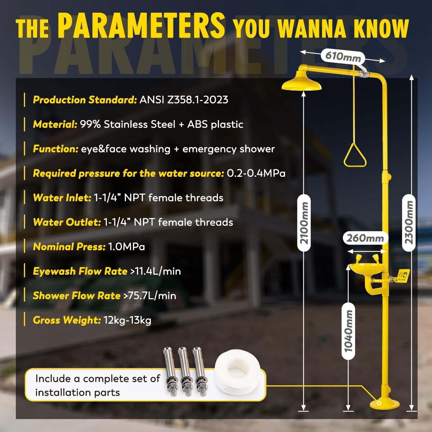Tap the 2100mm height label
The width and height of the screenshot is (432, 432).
click(x=304, y=223)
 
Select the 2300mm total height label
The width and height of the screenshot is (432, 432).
click(x=409, y=223)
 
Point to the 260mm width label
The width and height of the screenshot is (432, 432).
click(x=365, y=238)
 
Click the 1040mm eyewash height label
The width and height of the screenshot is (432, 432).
click(x=348, y=331)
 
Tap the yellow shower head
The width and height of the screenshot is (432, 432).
click(x=301, y=82)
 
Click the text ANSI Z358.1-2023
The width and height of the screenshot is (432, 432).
click(x=184, y=100)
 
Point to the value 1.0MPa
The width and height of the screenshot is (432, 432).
click(x=126, y=247)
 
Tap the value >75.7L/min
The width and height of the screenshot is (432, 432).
click(x=150, y=296)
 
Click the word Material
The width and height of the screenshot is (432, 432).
click(x=55, y=124)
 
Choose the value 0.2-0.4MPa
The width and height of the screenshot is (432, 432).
click(x=256, y=173)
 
